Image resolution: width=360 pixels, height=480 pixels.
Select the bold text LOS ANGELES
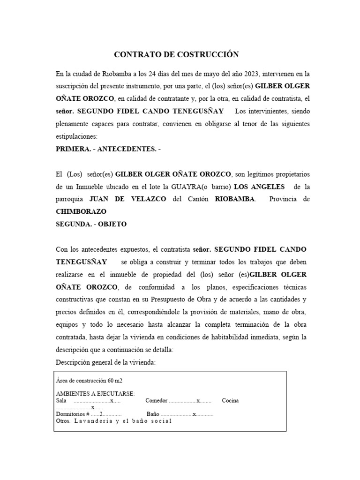tap(263, 187)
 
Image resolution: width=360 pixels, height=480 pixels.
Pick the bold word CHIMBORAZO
tap(81, 211)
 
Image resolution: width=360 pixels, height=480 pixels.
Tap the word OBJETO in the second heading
tap(111, 224)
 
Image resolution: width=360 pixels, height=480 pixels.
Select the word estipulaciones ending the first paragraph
tap(76, 136)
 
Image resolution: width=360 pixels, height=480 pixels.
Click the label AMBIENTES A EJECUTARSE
tap(95, 393)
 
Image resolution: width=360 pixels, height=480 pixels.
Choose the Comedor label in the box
tap(156, 401)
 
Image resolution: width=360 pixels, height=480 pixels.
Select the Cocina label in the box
tap(230, 401)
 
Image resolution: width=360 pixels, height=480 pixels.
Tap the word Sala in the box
tap(61, 401)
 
